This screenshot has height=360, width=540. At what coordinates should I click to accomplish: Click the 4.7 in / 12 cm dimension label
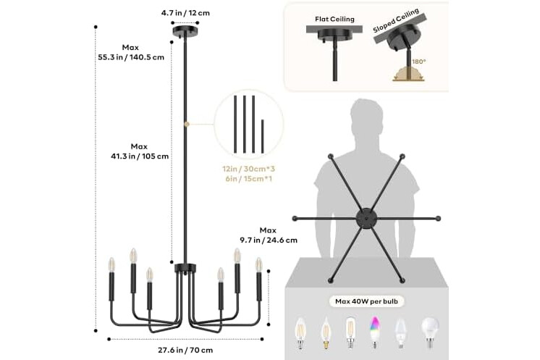(x=185, y=13)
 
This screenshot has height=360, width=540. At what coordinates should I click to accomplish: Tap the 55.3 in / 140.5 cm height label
(x=131, y=57)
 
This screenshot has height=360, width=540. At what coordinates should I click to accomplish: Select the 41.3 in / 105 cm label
(x=140, y=156)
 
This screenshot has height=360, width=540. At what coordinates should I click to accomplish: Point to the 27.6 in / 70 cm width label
(x=185, y=351)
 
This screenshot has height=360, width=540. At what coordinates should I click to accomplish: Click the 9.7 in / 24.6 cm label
(x=269, y=240)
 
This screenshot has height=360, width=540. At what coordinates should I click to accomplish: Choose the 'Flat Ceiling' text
(x=334, y=20)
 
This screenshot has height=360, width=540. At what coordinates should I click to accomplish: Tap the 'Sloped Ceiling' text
(x=396, y=20)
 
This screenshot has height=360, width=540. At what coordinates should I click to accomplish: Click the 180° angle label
(x=419, y=62)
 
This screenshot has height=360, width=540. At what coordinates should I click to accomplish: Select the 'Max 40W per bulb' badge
(x=366, y=301)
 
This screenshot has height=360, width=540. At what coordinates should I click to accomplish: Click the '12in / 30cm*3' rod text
(x=249, y=169)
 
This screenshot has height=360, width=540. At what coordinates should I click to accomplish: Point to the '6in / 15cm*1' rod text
(x=249, y=179)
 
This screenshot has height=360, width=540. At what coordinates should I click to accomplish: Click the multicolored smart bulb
(x=374, y=332)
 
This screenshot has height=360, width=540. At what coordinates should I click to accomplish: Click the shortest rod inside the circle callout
(x=263, y=136)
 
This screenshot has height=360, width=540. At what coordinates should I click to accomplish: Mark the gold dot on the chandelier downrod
(x=187, y=124)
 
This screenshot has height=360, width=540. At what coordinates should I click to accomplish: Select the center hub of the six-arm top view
(x=366, y=219)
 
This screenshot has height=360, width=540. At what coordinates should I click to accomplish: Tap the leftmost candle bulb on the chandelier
(x=111, y=264)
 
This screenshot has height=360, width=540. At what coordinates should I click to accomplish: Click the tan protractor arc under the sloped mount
(x=408, y=74)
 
